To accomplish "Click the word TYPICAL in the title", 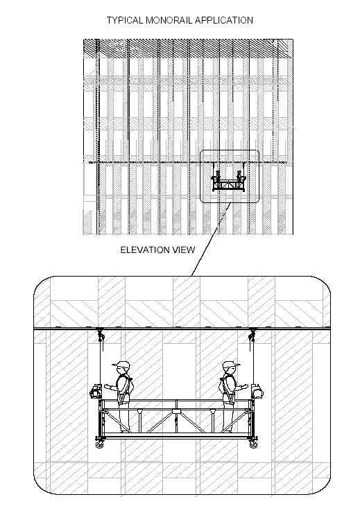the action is [125, 20].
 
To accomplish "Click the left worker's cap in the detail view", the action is [121, 364].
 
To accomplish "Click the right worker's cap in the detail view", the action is [232, 364].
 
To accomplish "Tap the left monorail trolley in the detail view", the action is [101, 334].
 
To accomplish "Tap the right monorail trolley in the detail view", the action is [252, 334].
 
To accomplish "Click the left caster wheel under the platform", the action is [99, 444].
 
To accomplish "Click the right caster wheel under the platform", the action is [253, 444].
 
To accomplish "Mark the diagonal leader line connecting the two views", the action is [210, 239].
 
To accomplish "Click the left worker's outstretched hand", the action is [107, 385].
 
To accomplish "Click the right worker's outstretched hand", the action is [246, 385].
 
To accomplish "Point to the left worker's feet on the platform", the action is [126, 430].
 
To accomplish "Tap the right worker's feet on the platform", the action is [228, 430].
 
